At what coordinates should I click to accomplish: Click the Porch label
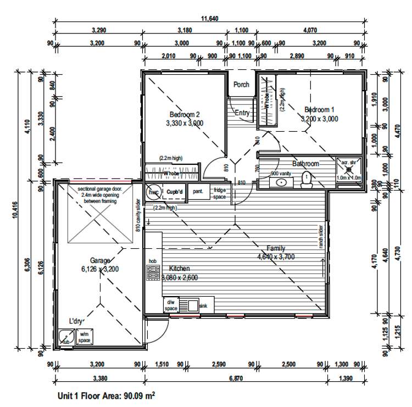[x=241, y=85]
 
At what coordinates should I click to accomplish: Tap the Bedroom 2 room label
[x=184, y=114]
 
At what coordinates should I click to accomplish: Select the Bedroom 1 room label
[x=319, y=109]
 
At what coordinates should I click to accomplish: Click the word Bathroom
[x=305, y=164]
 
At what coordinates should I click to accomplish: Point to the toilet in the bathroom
[x=308, y=179]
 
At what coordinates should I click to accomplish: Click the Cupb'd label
[x=175, y=192]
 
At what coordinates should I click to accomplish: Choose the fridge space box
[x=220, y=193]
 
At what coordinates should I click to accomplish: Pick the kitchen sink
[x=192, y=305]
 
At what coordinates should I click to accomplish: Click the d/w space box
[x=171, y=305]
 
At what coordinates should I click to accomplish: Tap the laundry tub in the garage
[x=66, y=335]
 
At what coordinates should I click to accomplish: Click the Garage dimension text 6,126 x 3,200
[x=99, y=269]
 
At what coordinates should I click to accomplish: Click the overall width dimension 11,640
[x=209, y=19]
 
